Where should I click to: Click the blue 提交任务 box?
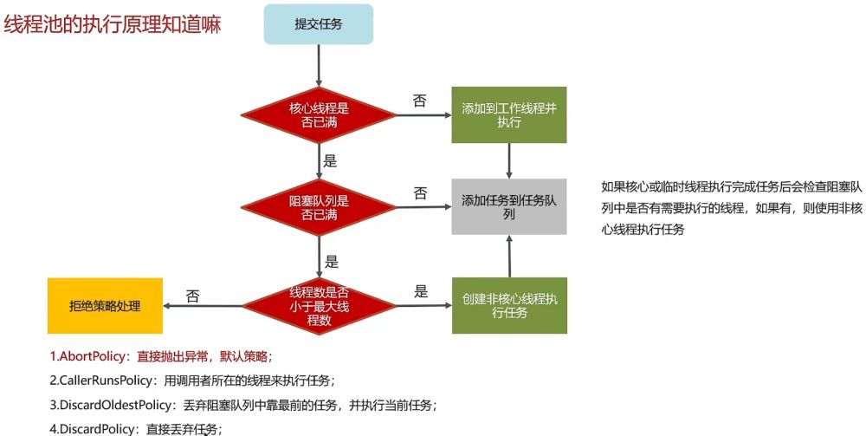[x=318, y=24]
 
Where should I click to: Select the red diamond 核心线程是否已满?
[x=319, y=116]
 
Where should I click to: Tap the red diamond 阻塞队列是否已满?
[x=319, y=208]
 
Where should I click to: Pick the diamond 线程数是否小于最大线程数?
[x=319, y=305]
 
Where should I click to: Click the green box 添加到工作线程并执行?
[x=508, y=115]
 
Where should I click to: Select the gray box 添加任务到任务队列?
[x=508, y=206]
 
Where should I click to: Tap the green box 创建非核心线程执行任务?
[x=508, y=305]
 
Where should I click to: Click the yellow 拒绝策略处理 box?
[x=105, y=305]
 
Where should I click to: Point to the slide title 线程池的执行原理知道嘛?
[x=113, y=24]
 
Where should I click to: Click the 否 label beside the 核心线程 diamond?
[x=420, y=101]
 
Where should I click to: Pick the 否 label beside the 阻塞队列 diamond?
[x=420, y=192]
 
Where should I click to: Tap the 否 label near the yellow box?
[x=192, y=296]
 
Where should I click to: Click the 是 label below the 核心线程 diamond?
[x=329, y=160]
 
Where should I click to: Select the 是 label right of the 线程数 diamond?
[x=422, y=291]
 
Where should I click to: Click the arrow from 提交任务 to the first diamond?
[x=319, y=64]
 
